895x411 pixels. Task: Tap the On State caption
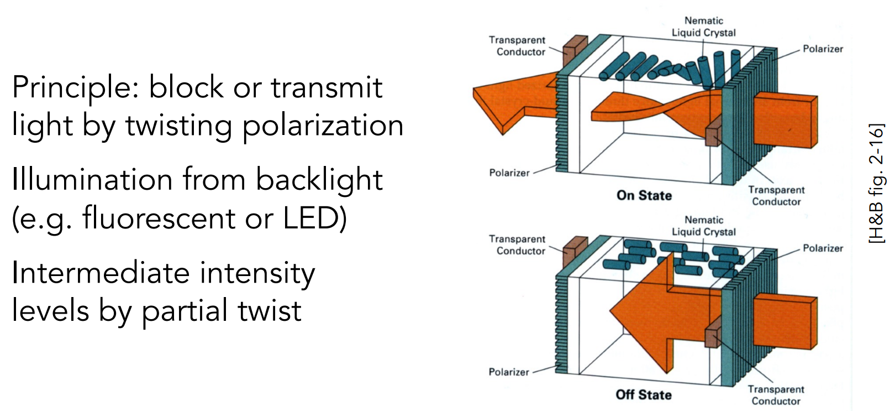point(644,195)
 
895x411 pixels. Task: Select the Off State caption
point(644,394)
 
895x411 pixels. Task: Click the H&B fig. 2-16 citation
point(877,183)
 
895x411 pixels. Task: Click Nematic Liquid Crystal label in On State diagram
point(703,27)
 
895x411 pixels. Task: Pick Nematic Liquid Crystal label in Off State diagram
point(703,226)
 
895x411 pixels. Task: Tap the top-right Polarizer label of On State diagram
point(823,49)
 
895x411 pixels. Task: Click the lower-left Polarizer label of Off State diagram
point(509,372)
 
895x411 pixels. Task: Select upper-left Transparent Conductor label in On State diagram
point(517,46)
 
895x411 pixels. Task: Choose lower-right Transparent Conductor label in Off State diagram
point(776,395)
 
